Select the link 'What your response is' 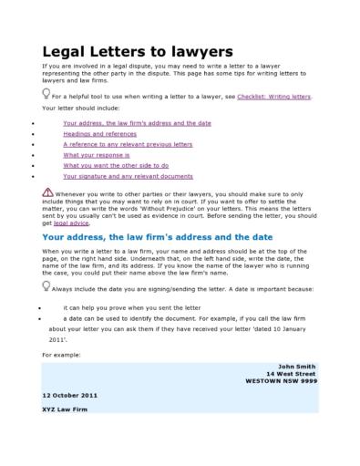pos(97,154)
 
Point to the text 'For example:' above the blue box pos(61,353)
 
